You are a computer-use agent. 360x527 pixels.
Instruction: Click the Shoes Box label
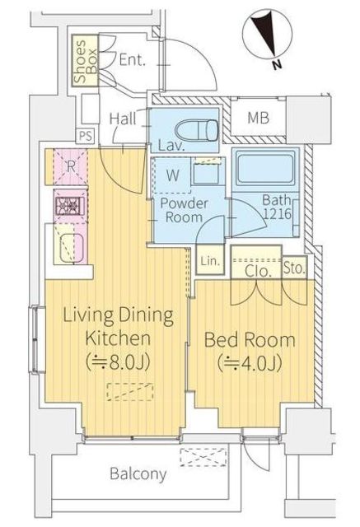86,62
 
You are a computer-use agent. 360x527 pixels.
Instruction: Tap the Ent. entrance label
133,60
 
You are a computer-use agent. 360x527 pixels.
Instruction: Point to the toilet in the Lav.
196,129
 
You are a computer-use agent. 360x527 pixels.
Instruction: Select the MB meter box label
258,118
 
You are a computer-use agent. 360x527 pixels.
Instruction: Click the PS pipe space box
86,136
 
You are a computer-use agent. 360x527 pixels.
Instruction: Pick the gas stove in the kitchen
70,206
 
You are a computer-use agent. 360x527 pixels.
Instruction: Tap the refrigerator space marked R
71,166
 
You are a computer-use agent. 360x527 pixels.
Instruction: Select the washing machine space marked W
172,175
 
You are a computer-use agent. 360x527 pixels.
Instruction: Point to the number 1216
277,214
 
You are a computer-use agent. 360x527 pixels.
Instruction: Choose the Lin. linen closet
210,260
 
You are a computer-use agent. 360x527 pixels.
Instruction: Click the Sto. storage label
294,268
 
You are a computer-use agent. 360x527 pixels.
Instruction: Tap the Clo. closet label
258,271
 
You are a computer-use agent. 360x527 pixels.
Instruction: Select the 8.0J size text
118,362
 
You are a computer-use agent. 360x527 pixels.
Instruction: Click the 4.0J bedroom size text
250,363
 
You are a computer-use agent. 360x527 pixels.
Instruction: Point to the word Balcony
138,474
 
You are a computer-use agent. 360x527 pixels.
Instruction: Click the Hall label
123,119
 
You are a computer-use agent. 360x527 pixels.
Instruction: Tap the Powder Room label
184,210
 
